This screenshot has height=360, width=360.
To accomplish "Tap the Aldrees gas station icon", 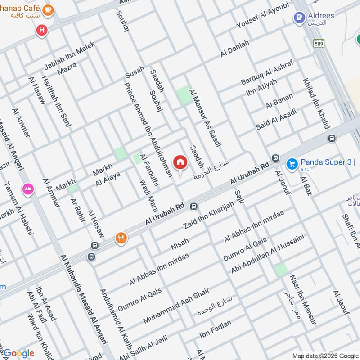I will pos(298,18).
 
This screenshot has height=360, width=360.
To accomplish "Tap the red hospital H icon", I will pos(42,31).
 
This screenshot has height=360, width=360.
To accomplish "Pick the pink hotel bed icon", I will pos(28,189).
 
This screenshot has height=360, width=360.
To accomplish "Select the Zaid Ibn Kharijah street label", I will pos(209,216).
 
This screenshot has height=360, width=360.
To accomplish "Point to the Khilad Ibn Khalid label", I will pos(316,103).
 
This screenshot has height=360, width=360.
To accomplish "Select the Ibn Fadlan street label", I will pos(216,328).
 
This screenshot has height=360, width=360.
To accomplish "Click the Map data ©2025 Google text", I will pos(323,355).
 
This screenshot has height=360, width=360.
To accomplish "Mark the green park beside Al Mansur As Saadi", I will pos(184,95).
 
